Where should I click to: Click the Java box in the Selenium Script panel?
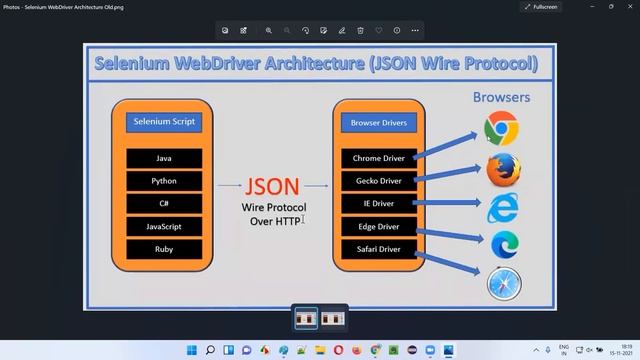tap(164, 159)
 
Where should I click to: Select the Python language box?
tap(164, 181)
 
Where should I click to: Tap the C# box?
tap(164, 203)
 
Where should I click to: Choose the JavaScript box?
tap(164, 226)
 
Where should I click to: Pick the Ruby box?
tap(164, 249)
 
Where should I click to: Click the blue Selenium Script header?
tap(164, 123)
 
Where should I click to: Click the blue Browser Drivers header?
tap(379, 123)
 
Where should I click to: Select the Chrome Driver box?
tap(377, 159)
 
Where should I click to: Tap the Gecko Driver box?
tap(378, 181)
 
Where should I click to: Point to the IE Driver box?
tap(378, 203)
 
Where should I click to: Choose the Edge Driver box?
tap(378, 227)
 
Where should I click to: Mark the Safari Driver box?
tap(378, 249)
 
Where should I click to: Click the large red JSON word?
tap(271, 187)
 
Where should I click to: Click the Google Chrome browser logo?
tap(502, 129)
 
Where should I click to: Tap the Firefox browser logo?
tap(503, 170)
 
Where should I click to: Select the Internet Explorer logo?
tap(503, 208)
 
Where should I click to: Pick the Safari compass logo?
tap(503, 284)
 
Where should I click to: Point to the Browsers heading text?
tap(501, 98)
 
